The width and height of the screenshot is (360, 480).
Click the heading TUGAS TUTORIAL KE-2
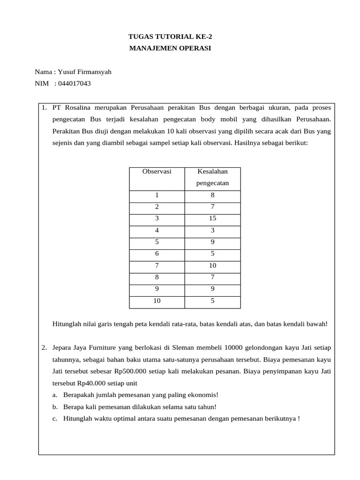(167, 37)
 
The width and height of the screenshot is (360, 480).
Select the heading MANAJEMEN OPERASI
(170, 48)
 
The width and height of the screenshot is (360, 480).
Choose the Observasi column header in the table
(157, 172)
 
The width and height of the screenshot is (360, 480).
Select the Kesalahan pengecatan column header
(212, 177)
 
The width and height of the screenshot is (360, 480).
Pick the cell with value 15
(212, 218)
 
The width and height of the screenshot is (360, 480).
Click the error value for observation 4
(212, 230)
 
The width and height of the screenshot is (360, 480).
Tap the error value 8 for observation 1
(212, 195)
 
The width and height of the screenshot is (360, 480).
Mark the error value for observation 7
(212, 266)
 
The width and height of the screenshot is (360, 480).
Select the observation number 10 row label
(157, 301)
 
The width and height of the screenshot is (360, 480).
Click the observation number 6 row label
(157, 254)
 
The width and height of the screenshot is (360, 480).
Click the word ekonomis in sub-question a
(203, 395)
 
